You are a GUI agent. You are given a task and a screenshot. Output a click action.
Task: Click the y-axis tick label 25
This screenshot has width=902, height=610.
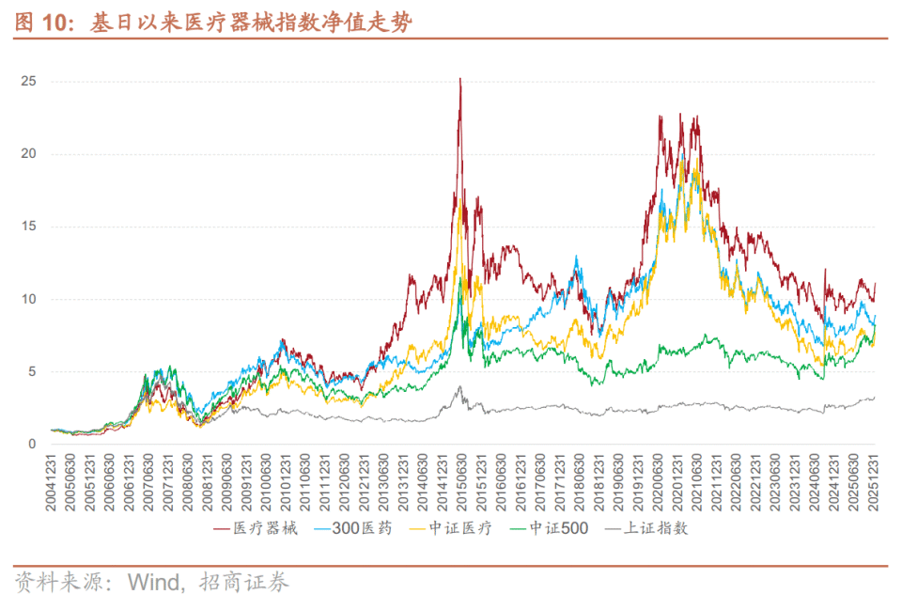[x=29, y=82]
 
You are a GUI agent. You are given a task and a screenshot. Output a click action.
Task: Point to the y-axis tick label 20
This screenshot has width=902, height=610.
[x=29, y=154]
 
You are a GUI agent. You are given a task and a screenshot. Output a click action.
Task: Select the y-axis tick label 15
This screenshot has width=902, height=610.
[x=29, y=227]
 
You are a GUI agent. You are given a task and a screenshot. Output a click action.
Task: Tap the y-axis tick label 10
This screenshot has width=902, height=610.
[x=29, y=299]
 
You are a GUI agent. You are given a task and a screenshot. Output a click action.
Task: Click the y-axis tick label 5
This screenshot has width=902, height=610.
[x=33, y=371]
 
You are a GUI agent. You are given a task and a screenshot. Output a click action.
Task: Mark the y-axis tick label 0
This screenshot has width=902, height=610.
[x=33, y=445]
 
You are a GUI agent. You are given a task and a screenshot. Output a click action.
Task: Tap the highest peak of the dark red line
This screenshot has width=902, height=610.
[x=459, y=79]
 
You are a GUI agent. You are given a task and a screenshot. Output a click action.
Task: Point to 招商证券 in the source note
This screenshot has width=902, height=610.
[x=248, y=583]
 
